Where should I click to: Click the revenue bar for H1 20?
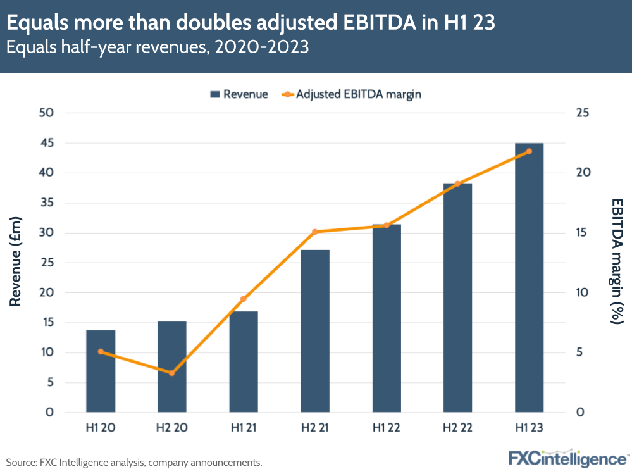point(101,371)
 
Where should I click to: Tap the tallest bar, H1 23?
point(530,278)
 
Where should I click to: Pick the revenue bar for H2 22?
point(458,297)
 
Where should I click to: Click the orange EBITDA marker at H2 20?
point(172,373)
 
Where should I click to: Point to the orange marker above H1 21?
point(244,299)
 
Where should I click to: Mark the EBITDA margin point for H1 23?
point(530,151)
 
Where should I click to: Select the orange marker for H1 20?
point(101,351)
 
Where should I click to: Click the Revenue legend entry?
point(239,94)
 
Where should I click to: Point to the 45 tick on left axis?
point(48,143)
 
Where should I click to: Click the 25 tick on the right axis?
point(582,113)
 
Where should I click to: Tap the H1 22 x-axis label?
point(387,428)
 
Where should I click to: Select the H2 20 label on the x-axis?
point(172,428)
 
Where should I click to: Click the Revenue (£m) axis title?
point(16,261)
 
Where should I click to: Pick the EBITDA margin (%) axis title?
point(617,261)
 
